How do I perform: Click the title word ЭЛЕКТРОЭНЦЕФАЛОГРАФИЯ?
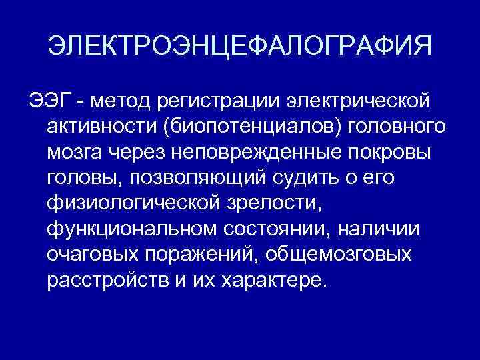point(240,47)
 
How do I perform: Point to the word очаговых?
point(95,254)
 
